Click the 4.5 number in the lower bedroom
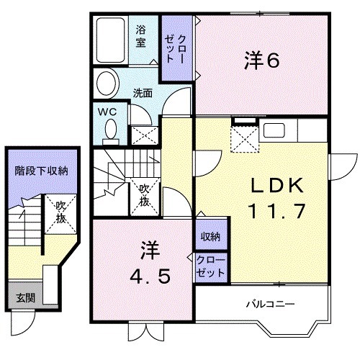[x=151, y=277]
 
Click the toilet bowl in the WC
[x=111, y=130]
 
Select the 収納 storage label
[x=211, y=237]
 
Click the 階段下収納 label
[x=41, y=171]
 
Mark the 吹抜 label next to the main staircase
[x=145, y=194]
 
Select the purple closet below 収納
[x=211, y=266]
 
